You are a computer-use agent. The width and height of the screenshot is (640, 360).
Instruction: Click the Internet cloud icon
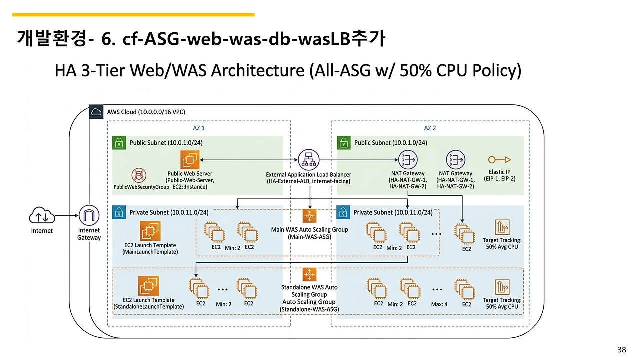pyautogui.click(x=42, y=216)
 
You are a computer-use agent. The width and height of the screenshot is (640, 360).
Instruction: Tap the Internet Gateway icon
pyautogui.click(x=89, y=216)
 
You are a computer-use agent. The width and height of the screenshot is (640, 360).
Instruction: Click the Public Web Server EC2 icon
pyautogui.click(x=190, y=160)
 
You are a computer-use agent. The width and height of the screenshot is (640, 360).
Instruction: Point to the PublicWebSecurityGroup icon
pyautogui.click(x=139, y=176)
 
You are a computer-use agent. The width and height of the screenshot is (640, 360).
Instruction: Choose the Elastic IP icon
pyautogui.click(x=499, y=160)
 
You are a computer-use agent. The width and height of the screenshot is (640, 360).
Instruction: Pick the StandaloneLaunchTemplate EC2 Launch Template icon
pyautogui.click(x=148, y=287)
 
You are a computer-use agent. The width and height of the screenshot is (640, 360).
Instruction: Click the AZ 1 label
pyautogui.click(x=199, y=128)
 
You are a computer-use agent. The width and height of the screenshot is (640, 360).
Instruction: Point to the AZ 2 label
pyautogui.click(x=430, y=128)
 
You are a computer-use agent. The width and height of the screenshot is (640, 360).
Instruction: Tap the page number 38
pyautogui.click(x=622, y=350)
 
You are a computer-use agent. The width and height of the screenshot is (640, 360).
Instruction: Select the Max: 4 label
pyautogui.click(x=439, y=304)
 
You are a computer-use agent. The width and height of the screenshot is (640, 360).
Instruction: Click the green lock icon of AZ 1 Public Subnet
pyautogui.click(x=119, y=142)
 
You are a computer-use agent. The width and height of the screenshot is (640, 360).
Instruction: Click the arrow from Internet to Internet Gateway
pyautogui.click(x=67, y=216)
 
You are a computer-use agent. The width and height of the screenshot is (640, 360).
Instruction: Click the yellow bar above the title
pyautogui.click(x=133, y=15)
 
